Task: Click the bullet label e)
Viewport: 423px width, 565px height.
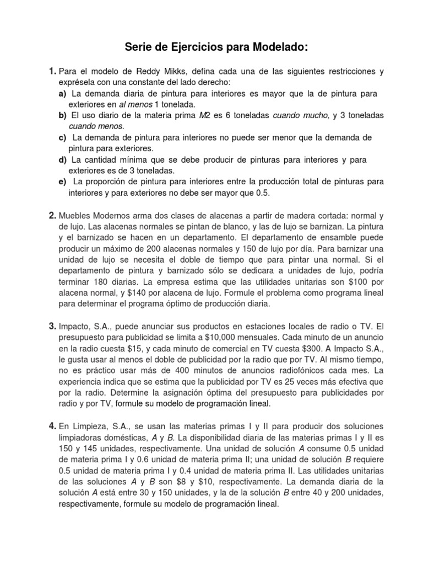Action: click(x=63, y=182)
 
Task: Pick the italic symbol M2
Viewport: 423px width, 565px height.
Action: click(x=205, y=115)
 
